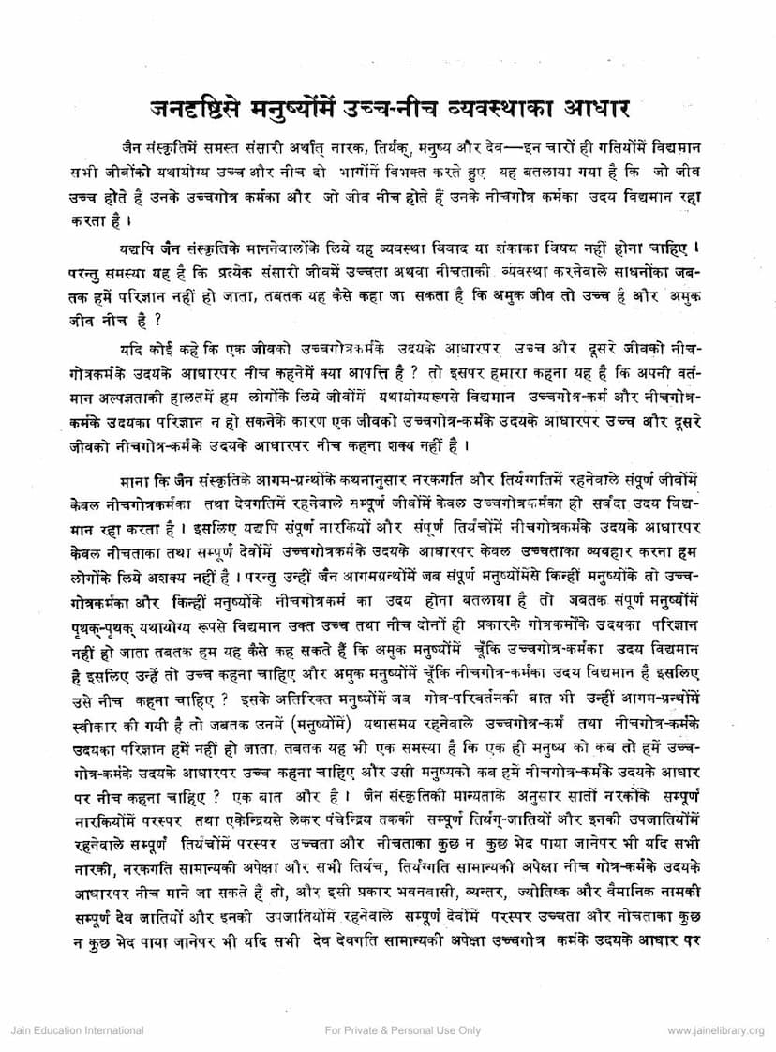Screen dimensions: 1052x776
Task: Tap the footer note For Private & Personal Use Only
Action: pyautogui.click(x=402, y=1030)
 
